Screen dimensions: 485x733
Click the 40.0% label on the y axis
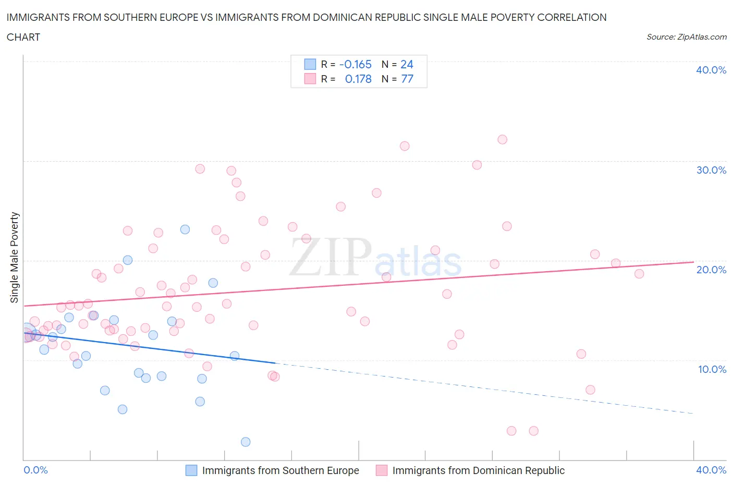(x=711, y=70)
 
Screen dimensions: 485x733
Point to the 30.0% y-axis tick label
(x=711, y=170)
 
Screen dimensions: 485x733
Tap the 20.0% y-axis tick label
(x=711, y=270)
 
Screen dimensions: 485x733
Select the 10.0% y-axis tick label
(x=712, y=369)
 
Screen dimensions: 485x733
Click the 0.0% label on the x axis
(x=35, y=470)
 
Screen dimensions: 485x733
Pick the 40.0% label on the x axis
(x=711, y=470)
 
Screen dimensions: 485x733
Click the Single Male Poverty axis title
(x=15, y=257)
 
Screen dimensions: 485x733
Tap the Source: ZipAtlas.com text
(x=686, y=37)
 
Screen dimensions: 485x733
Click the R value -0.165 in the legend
(x=355, y=64)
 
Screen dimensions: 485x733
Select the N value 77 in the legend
(x=407, y=79)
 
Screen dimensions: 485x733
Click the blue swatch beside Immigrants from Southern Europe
(x=191, y=470)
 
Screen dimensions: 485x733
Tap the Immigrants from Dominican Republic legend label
(x=478, y=470)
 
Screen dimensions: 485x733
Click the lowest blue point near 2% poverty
(x=246, y=442)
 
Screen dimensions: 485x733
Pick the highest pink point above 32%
(x=502, y=139)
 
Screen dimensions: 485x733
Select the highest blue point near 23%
(x=185, y=229)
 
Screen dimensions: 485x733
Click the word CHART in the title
(x=23, y=37)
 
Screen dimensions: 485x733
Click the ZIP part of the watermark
(x=330, y=257)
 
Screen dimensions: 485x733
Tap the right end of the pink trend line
(x=693, y=262)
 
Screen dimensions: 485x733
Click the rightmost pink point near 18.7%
(x=639, y=274)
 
